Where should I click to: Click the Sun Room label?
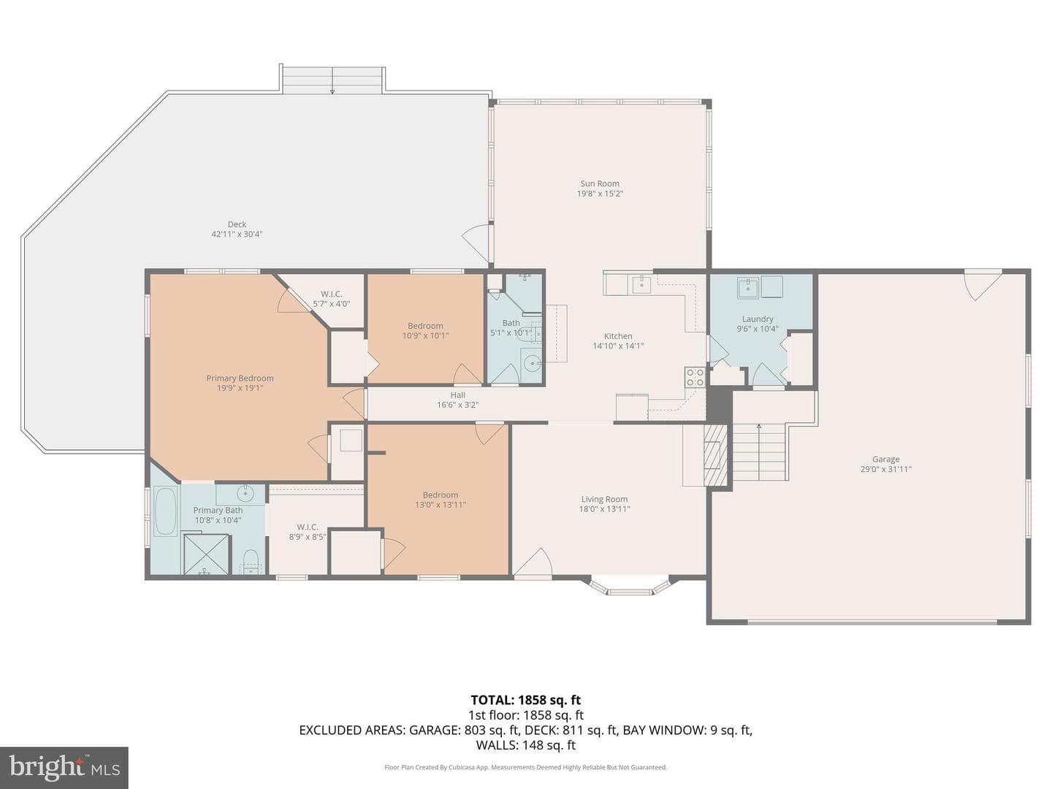(x=600, y=183)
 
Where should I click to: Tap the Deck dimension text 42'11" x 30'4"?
(x=237, y=235)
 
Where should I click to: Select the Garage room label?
(x=885, y=459)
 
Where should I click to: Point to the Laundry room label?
(x=758, y=319)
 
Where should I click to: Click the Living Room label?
(x=604, y=499)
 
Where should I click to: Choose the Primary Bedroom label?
(x=240, y=378)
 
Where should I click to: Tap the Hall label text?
(x=458, y=395)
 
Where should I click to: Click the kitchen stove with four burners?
(x=695, y=377)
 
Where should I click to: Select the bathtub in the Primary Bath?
(x=165, y=511)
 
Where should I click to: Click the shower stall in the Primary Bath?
(x=207, y=554)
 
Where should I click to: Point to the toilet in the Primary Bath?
(x=251, y=562)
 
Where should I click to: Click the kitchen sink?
(x=641, y=284)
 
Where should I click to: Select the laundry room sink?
(x=747, y=287)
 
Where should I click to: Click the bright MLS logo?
(x=64, y=768)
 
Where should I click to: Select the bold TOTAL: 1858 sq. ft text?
(x=526, y=700)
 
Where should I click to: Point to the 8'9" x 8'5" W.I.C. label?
(x=308, y=533)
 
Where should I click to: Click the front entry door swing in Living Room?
(x=533, y=562)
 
